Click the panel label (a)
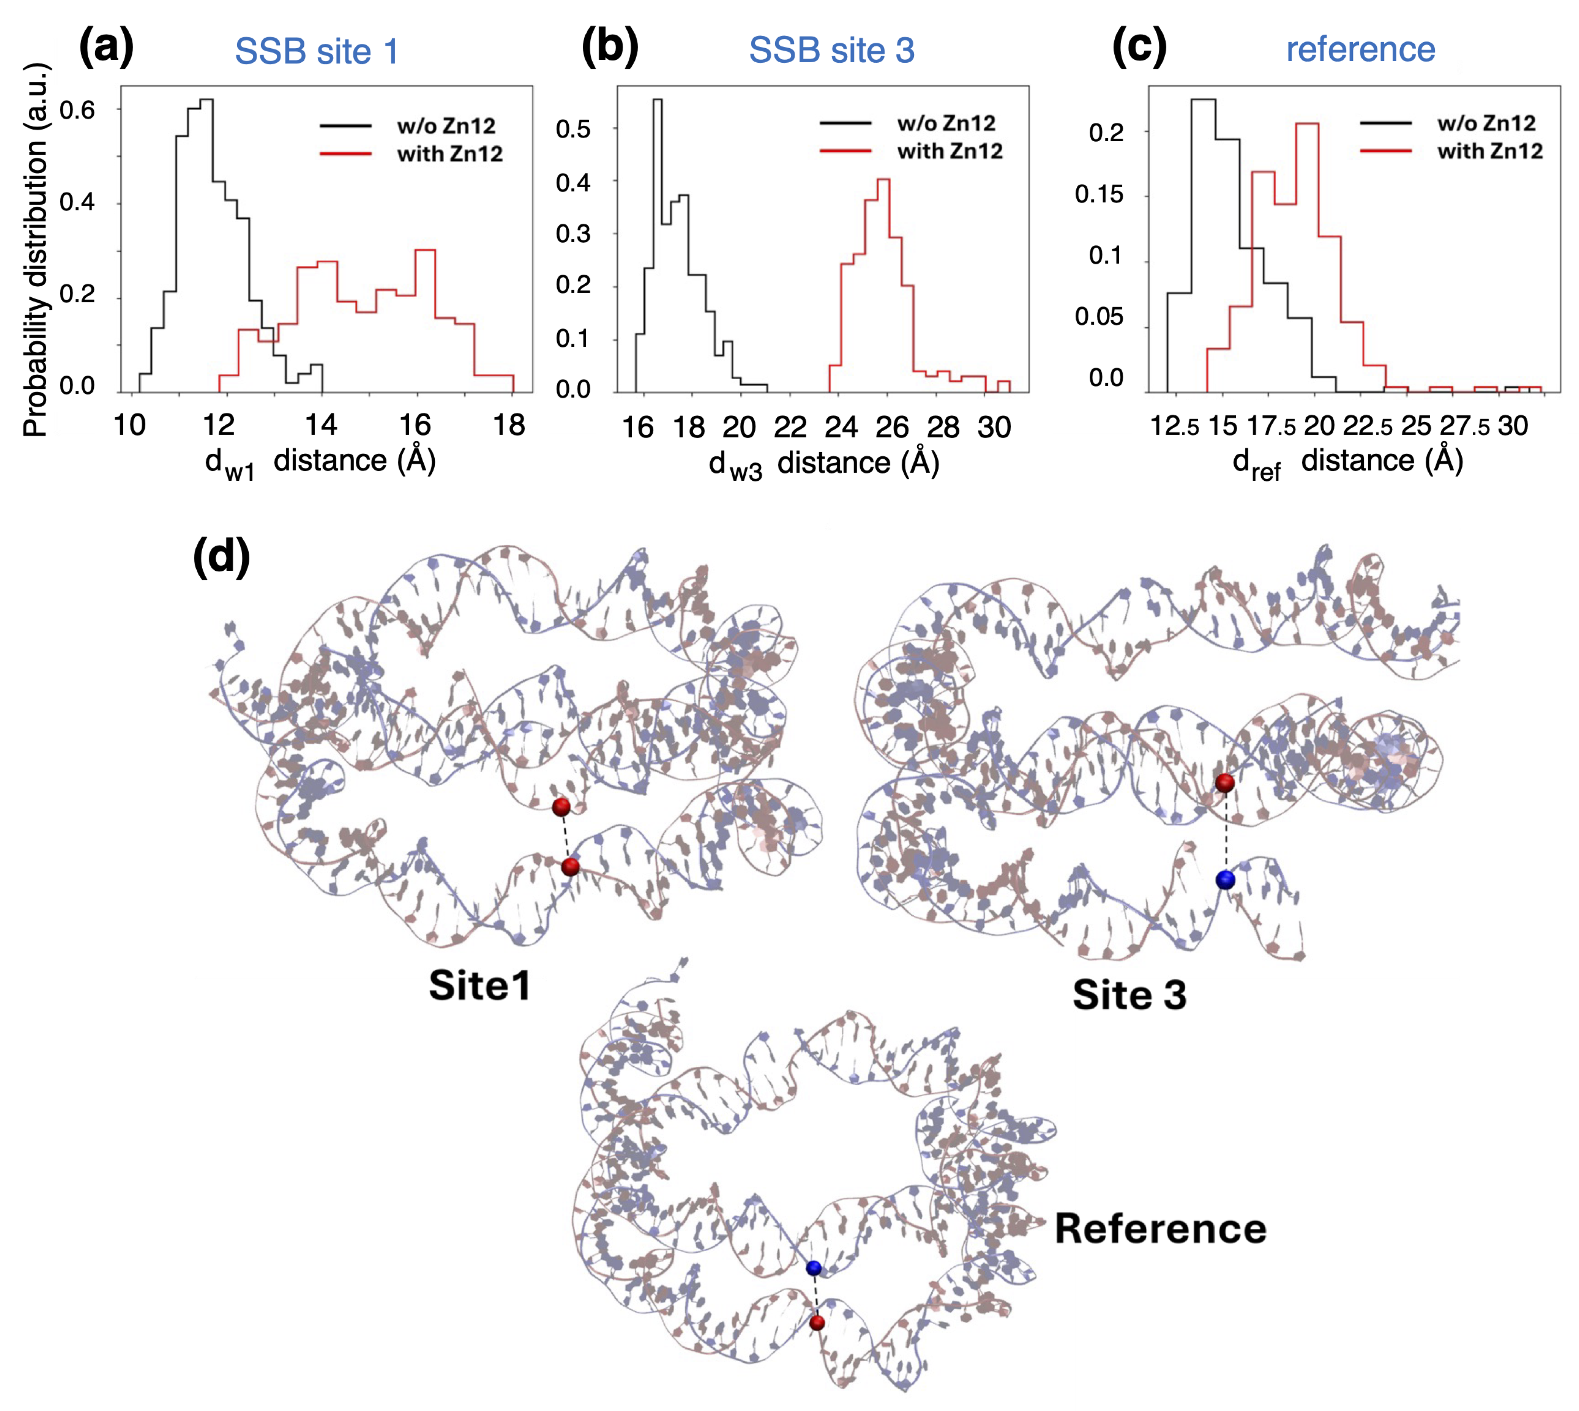[106, 48]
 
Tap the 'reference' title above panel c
[1360, 49]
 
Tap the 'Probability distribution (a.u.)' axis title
[35, 250]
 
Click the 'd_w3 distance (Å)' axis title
[823, 464]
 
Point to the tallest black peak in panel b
[657, 101]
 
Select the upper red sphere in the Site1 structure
[561, 807]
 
